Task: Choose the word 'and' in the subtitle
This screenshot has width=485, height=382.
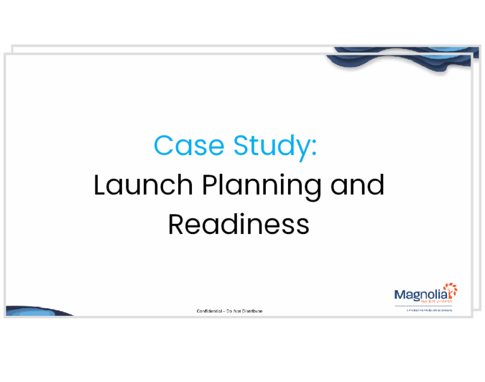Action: [358, 185]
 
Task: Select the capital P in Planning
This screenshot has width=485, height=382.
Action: [210, 185]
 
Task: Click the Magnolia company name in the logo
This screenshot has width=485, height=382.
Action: [419, 294]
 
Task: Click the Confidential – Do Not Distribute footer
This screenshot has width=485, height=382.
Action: [229, 311]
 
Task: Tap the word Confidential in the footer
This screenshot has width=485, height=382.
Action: [210, 311]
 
